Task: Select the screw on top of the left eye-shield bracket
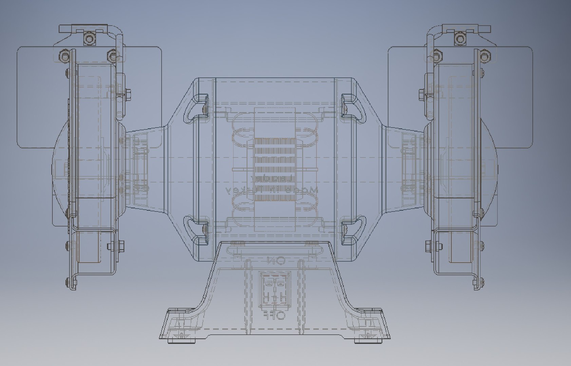pos(89,39)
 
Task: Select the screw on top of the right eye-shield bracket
pos(459,38)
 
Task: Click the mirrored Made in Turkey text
pos(271,190)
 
